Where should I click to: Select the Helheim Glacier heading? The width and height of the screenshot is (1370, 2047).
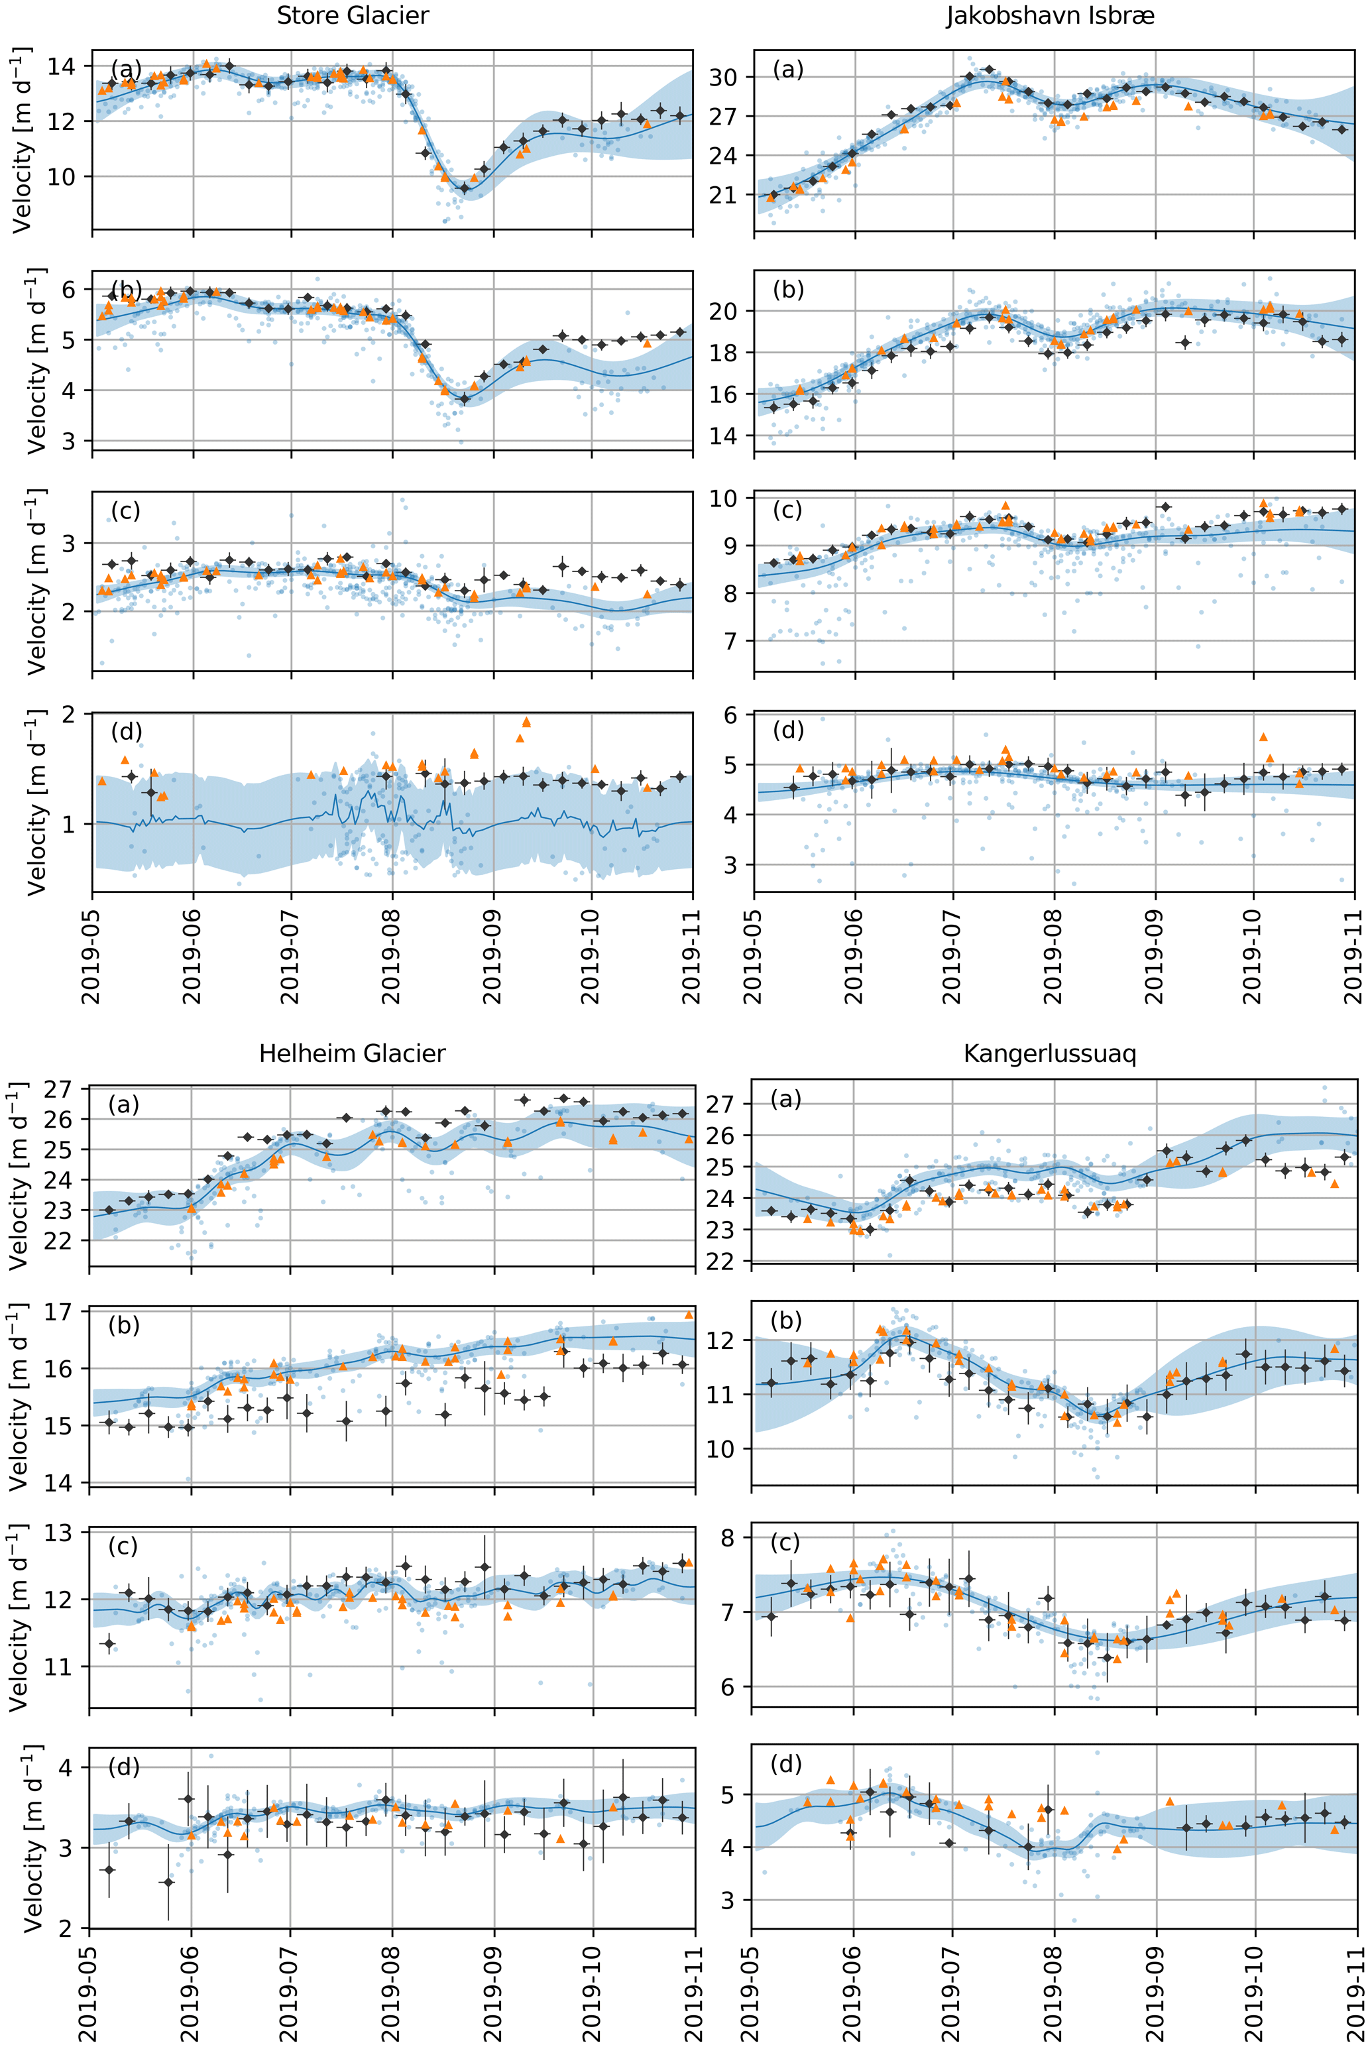click(x=352, y=1053)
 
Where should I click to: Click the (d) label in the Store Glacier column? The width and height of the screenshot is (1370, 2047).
click(x=126, y=731)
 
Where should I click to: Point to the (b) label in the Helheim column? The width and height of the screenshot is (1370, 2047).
click(x=123, y=1325)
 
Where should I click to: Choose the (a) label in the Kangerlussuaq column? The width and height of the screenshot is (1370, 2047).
click(x=785, y=1100)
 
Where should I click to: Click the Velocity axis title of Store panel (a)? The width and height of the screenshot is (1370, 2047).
click(x=22, y=140)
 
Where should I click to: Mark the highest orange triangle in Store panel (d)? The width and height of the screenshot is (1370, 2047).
click(x=526, y=723)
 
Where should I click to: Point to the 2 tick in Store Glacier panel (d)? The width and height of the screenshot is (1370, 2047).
click(x=75, y=715)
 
